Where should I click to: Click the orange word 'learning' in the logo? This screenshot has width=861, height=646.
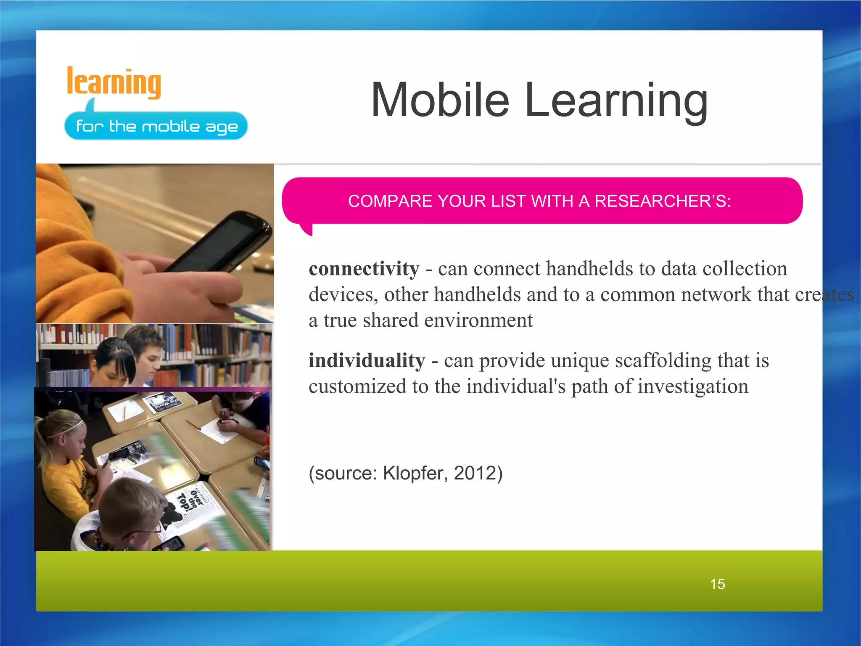[x=114, y=83]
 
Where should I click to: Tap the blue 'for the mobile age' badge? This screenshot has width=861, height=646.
[x=156, y=126]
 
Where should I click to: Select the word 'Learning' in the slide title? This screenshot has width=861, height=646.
[x=616, y=101]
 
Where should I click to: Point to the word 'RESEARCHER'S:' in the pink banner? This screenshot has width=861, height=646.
[x=663, y=201]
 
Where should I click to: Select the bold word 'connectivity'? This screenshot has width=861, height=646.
[x=364, y=269]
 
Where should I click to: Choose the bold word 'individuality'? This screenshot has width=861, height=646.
[x=367, y=361]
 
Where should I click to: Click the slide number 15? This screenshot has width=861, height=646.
[x=717, y=584]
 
